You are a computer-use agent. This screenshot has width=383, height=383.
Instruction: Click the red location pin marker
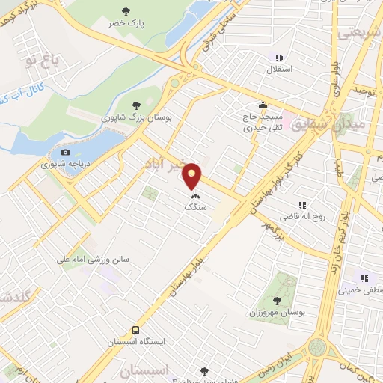point(192,177)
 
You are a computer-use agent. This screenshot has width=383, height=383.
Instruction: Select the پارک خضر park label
point(124,23)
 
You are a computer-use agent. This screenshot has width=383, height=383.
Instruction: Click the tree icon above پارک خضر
point(125,11)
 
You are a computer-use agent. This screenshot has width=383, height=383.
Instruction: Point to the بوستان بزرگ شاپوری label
point(137,117)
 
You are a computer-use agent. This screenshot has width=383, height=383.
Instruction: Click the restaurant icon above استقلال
point(279,58)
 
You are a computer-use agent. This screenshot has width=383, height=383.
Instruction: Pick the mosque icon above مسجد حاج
point(262,105)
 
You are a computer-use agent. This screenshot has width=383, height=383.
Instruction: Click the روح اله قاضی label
point(303,218)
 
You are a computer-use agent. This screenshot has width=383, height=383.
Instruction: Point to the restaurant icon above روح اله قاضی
point(303,205)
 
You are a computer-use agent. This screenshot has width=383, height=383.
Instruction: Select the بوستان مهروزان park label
point(277,313)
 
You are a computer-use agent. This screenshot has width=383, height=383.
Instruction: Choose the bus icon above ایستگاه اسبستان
point(136,329)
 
